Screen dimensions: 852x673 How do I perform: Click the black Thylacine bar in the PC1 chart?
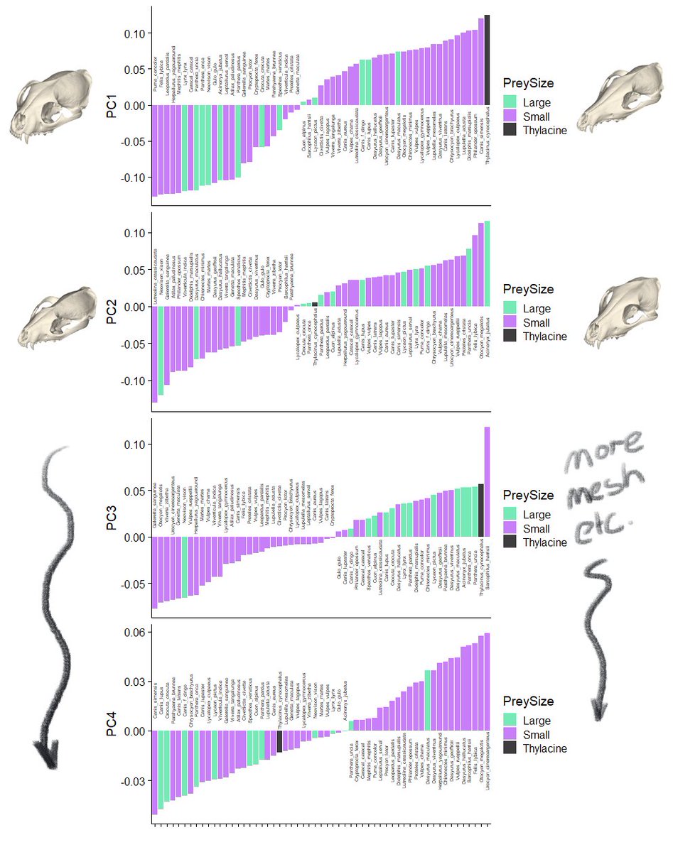tap(488, 60)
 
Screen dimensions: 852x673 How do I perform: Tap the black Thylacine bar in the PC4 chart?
tap(279, 742)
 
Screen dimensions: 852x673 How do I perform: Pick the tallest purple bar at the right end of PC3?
tap(488, 482)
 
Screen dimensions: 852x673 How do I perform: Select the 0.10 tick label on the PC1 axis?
tap(135, 33)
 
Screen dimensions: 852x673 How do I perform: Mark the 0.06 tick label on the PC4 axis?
tap(135, 633)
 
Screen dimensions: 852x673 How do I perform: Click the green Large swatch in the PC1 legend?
tap(511, 102)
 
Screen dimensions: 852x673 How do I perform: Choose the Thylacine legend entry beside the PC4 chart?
tap(544, 748)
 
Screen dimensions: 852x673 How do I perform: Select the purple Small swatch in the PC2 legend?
tap(511, 322)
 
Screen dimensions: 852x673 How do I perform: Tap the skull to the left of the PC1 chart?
tap(40, 109)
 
